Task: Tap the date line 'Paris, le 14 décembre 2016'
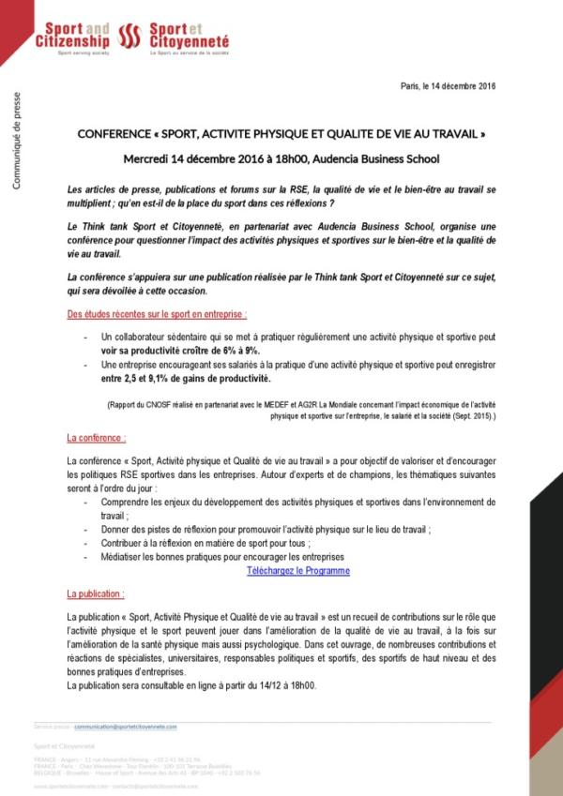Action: [x=448, y=86]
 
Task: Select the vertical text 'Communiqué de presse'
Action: [x=16, y=141]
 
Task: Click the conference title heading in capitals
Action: [x=281, y=135]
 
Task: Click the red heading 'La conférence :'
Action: [x=97, y=438]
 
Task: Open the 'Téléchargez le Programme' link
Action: [x=298, y=570]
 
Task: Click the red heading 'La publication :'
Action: [x=96, y=594]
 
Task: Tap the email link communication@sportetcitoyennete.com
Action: [x=126, y=726]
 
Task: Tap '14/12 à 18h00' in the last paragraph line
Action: [x=287, y=685]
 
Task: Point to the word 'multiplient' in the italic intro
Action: [x=92, y=202]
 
